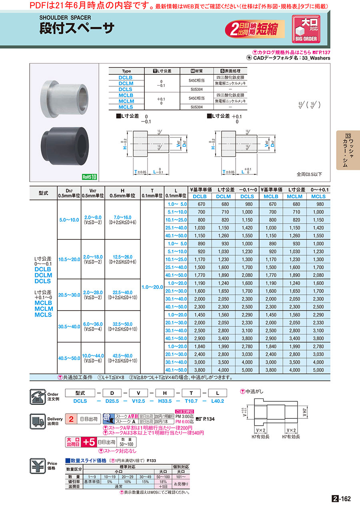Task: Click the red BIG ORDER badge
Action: click(306, 29)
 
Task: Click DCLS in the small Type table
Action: click(126, 90)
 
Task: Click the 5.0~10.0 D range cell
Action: click(69, 219)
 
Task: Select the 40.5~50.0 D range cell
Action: click(69, 358)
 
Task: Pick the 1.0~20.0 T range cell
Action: click(152, 287)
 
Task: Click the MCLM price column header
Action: click(294, 196)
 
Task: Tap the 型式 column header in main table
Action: click(44, 193)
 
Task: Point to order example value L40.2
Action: click(217, 401)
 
